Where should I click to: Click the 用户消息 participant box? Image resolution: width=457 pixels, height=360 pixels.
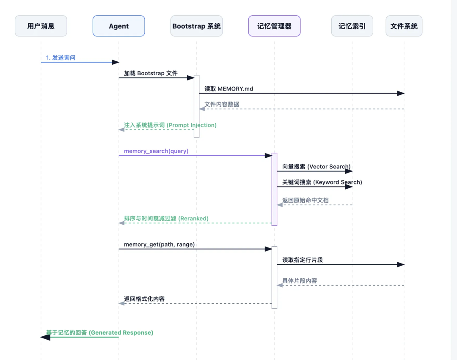coord(41,26)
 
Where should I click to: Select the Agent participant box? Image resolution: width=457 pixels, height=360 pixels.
coord(118,26)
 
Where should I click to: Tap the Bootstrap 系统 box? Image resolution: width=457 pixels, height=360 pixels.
coord(196,26)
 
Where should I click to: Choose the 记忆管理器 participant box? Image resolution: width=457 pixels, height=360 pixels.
coord(274,26)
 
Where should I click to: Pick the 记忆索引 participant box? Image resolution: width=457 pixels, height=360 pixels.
coord(352,26)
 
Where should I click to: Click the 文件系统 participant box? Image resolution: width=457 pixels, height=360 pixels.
coord(404,26)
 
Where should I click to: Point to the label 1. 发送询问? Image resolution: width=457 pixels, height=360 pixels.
coord(61,58)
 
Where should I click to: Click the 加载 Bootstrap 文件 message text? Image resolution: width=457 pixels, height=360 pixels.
coord(151,73)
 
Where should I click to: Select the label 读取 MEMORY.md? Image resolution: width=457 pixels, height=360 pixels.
coord(228,89)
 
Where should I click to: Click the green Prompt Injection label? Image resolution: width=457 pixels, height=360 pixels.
coord(170,125)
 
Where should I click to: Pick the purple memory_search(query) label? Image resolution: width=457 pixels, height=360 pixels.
coord(156,151)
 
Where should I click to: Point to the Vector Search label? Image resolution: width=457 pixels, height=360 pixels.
coord(316,167)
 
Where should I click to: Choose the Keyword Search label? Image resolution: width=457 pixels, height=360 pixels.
coord(322,182)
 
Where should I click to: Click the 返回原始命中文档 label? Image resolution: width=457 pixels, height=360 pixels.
coord(305,200)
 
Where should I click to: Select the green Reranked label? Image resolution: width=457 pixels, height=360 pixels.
coord(166,219)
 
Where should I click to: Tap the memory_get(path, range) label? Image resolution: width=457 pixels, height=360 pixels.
coord(159,245)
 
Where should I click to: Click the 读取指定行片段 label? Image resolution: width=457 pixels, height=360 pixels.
coord(303,260)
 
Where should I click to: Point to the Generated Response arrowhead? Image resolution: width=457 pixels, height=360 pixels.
coord(45,337)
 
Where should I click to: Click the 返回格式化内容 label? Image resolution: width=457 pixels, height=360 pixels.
coord(144,299)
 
